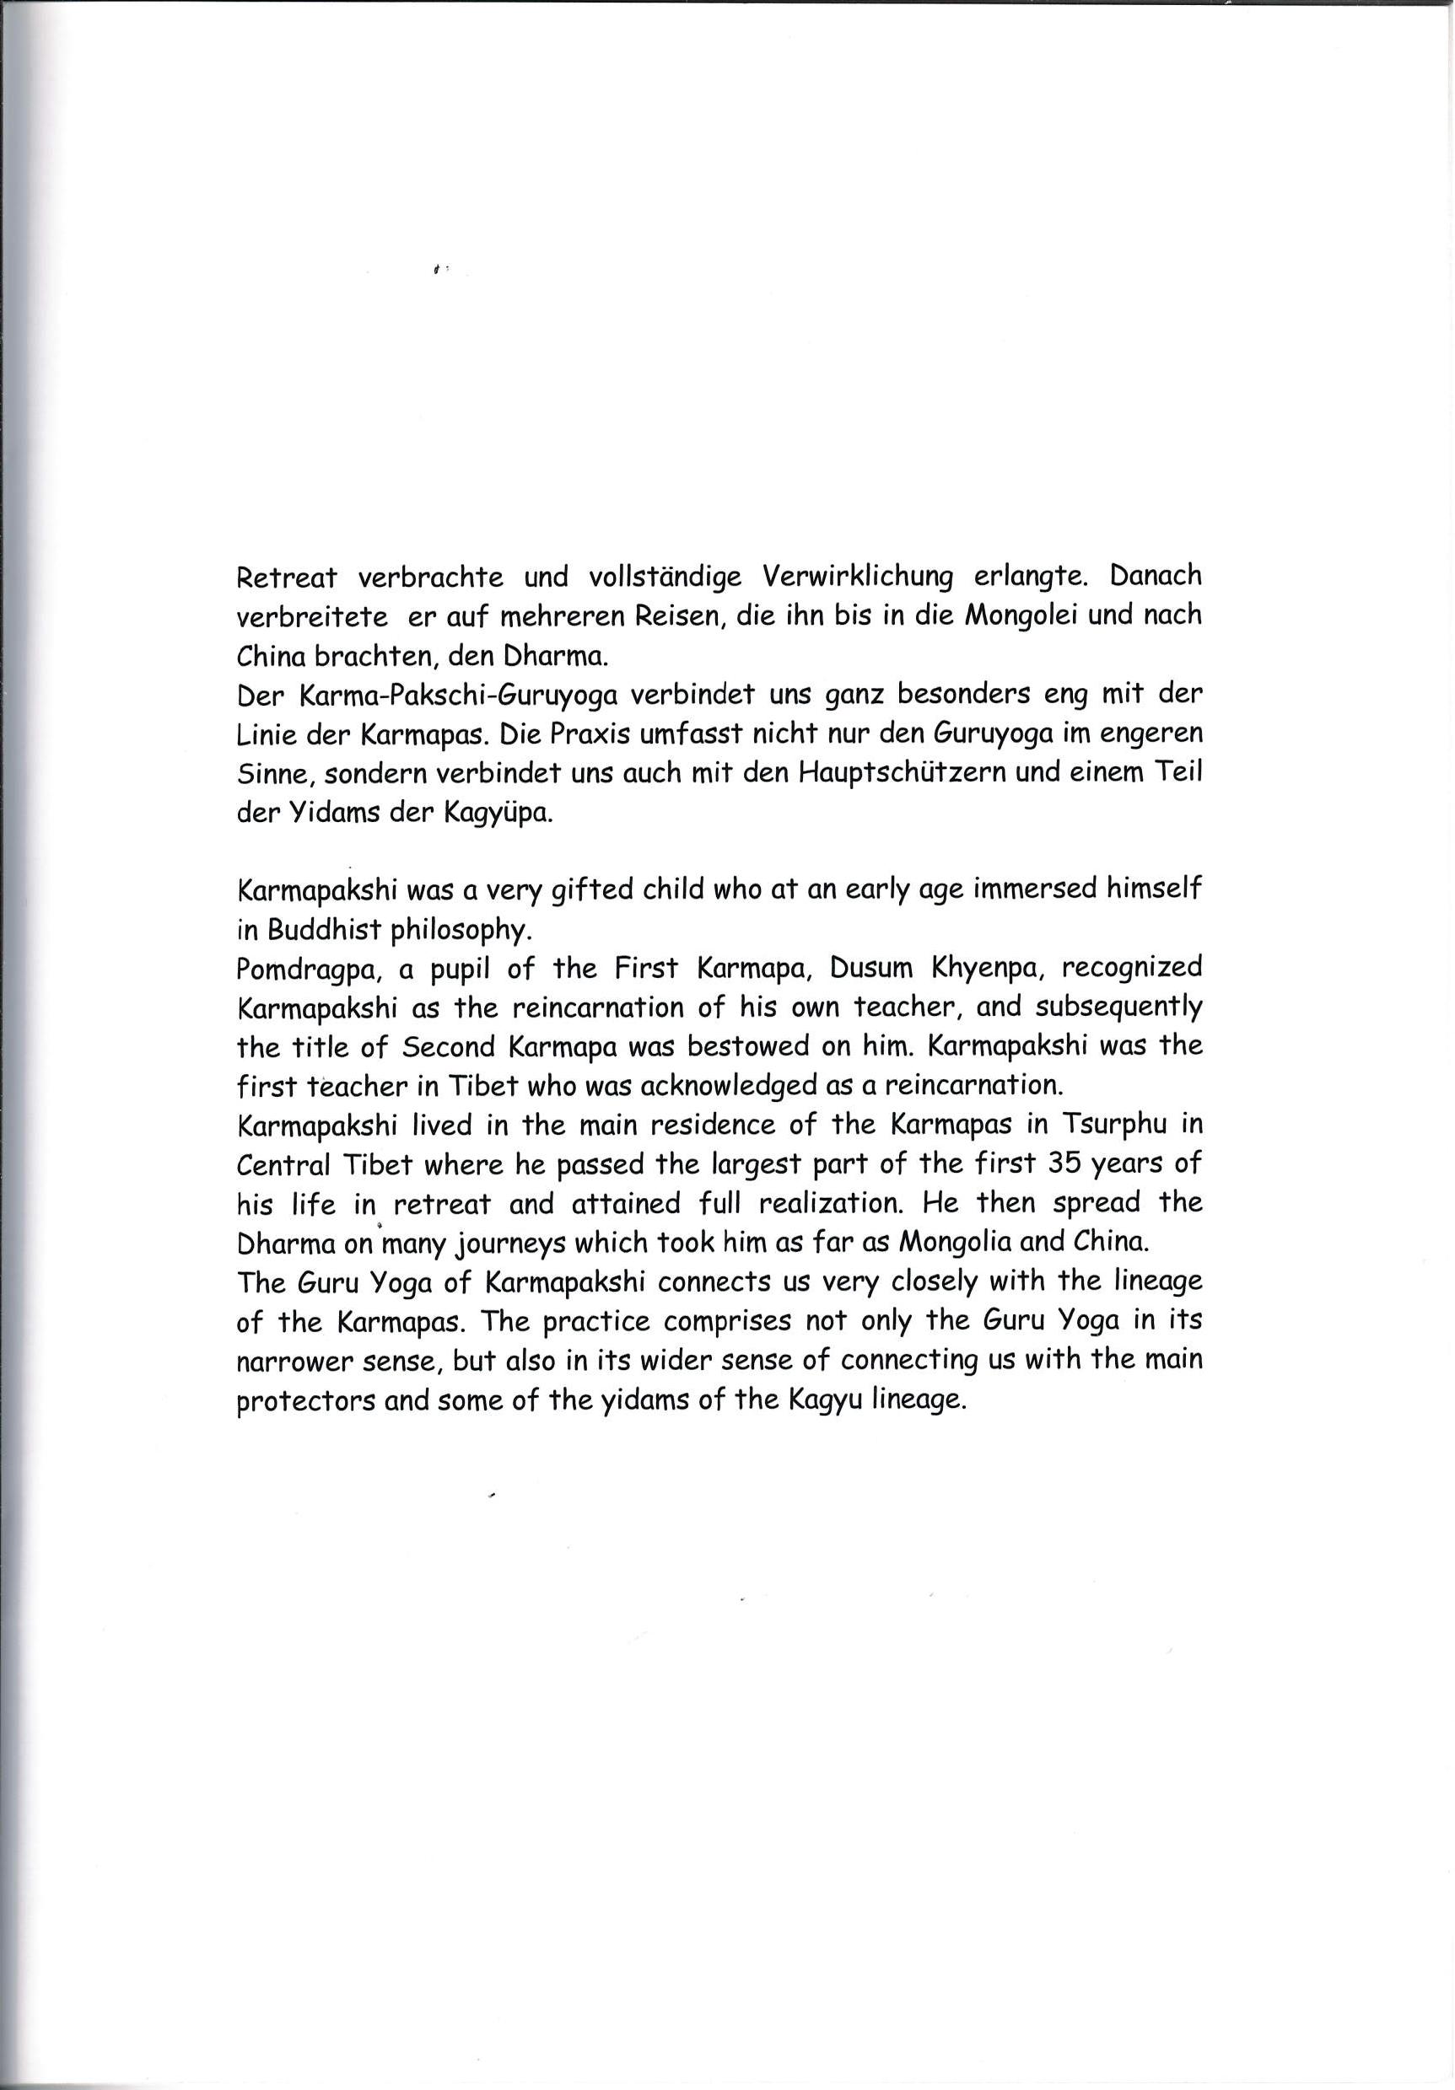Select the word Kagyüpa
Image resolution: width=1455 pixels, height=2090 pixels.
(496, 813)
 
